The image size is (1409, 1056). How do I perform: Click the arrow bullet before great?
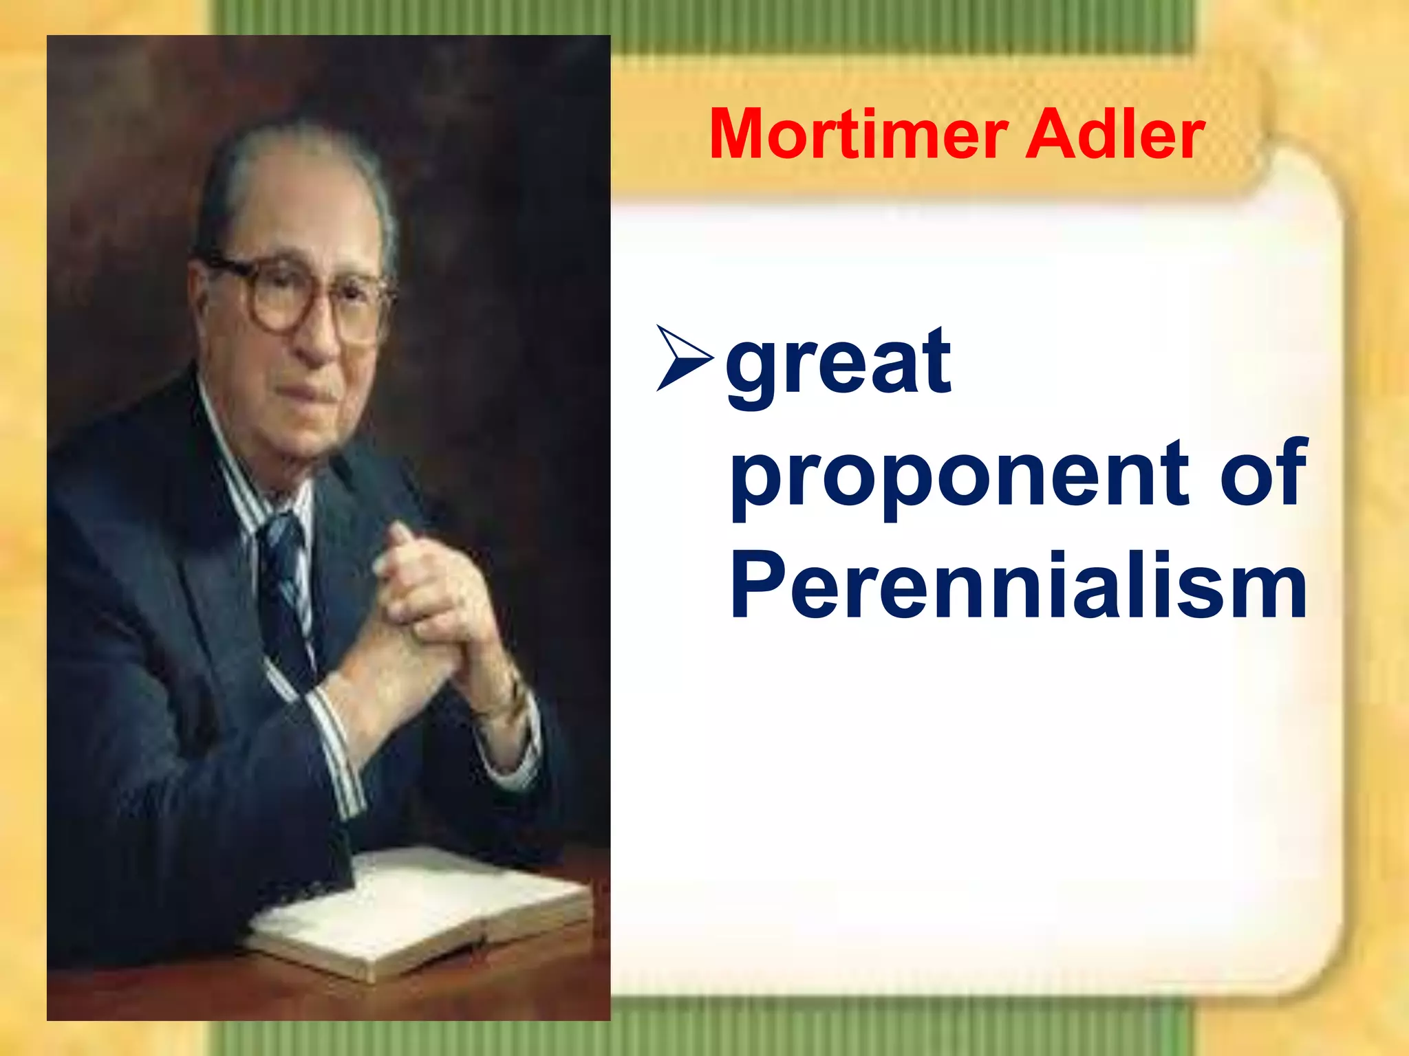[684, 358]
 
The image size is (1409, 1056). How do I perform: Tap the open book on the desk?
[420, 907]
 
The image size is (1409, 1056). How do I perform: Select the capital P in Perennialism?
[757, 584]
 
